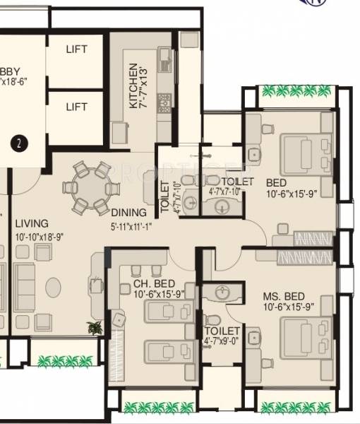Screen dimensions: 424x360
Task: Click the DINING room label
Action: (x=128, y=212)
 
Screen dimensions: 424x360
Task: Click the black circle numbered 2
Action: (x=20, y=143)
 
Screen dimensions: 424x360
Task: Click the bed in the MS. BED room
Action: (x=305, y=336)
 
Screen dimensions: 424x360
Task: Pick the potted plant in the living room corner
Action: (x=95, y=327)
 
